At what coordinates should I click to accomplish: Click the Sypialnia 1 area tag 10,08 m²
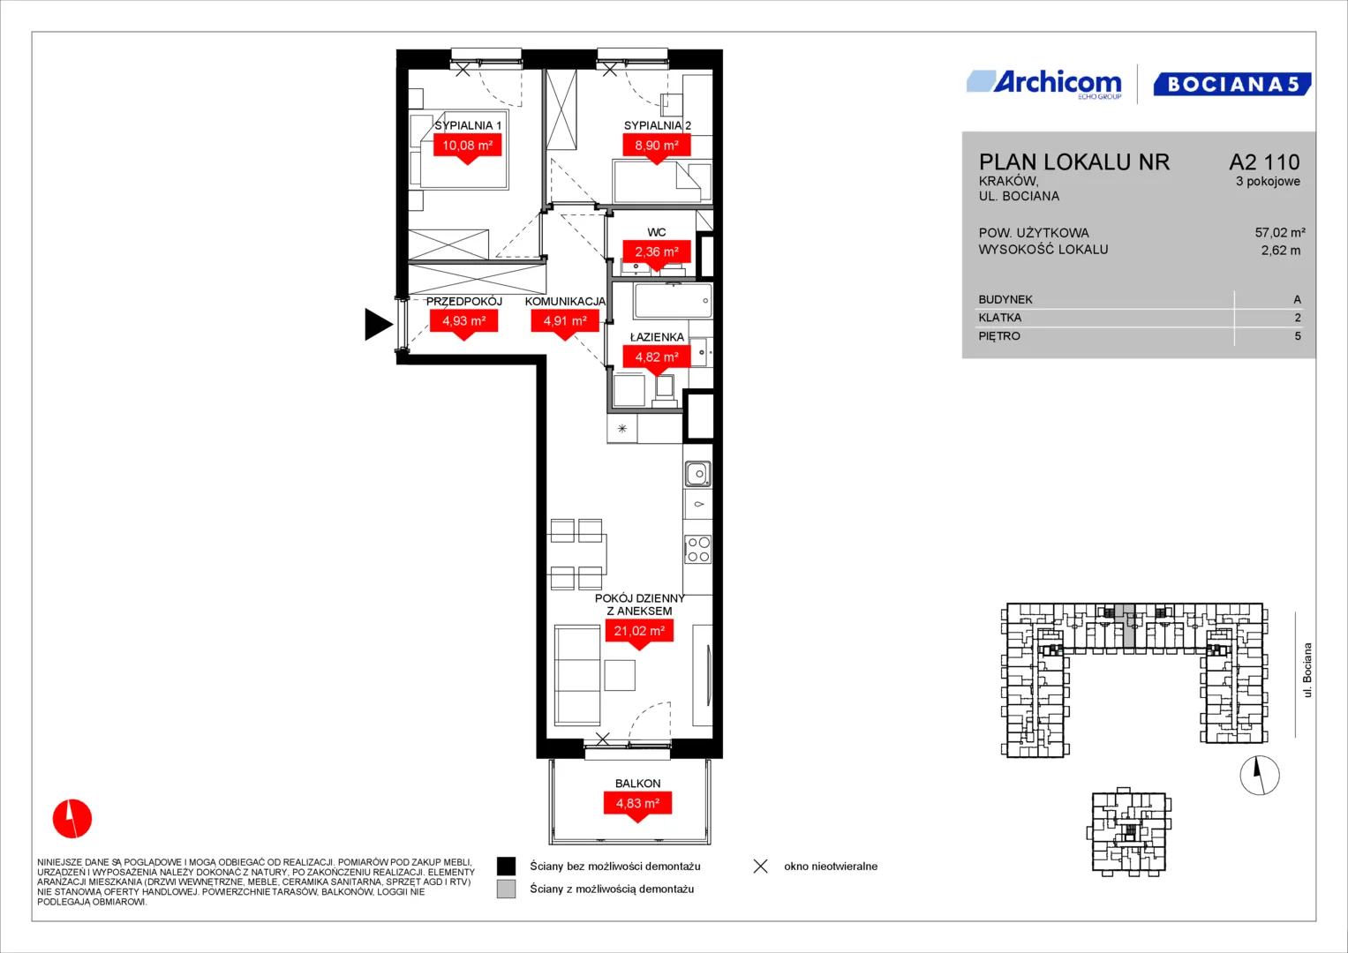(x=468, y=145)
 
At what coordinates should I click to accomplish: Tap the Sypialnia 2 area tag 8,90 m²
(x=657, y=145)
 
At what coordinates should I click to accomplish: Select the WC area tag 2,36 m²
(x=657, y=251)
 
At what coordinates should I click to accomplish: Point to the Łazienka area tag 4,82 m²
(x=657, y=356)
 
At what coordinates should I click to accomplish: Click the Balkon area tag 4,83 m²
(x=637, y=803)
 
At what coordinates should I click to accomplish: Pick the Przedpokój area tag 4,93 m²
(x=464, y=320)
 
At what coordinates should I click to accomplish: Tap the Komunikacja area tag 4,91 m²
(x=564, y=320)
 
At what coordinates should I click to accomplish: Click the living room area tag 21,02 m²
(x=639, y=631)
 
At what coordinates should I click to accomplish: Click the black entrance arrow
(x=378, y=325)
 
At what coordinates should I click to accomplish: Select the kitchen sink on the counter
(x=698, y=474)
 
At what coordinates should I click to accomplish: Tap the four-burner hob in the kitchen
(x=698, y=550)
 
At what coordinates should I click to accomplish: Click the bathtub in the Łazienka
(x=672, y=301)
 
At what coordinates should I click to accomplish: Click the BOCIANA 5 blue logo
(x=1231, y=84)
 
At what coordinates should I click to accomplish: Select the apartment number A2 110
(x=1264, y=161)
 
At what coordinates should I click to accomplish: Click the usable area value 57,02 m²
(x=1280, y=232)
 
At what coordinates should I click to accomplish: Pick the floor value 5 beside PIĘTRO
(x=1298, y=335)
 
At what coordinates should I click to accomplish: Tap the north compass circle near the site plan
(x=1260, y=775)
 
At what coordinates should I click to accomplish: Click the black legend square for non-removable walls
(x=506, y=867)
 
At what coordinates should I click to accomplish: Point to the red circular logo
(x=72, y=818)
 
